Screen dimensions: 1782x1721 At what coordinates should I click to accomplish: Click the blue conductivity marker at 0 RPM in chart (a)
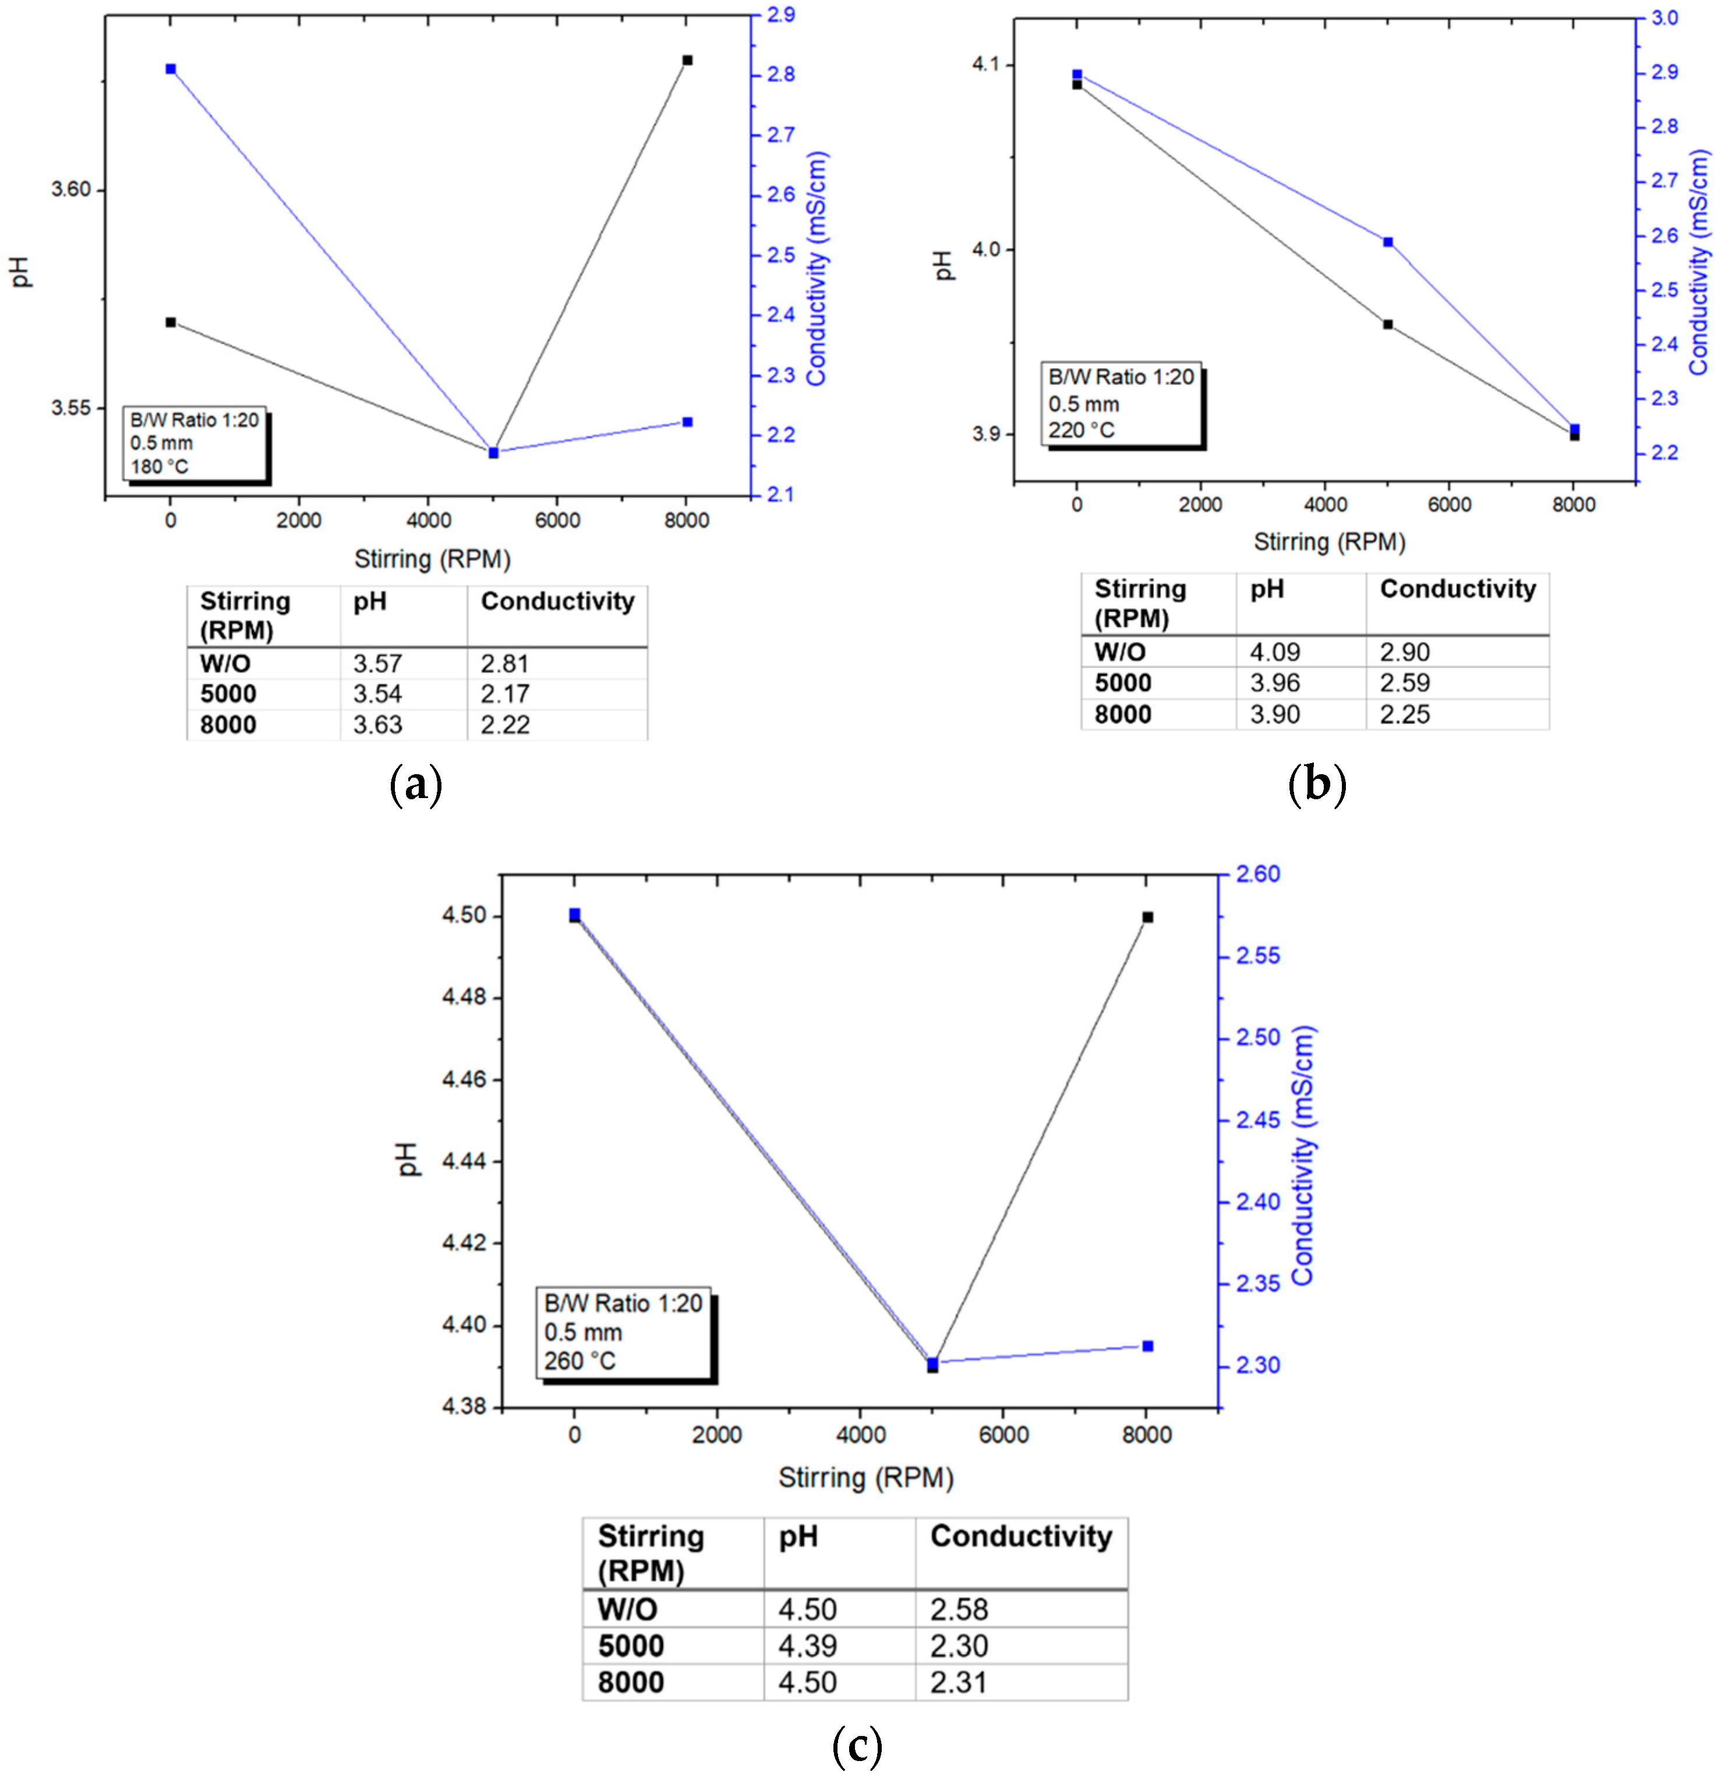click(x=171, y=69)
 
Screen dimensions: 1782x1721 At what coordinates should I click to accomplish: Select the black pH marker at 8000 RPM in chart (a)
click(x=687, y=60)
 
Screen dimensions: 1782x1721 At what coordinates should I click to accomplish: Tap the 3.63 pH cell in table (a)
click(x=377, y=725)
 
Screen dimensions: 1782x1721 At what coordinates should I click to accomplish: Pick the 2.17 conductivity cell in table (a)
click(x=504, y=694)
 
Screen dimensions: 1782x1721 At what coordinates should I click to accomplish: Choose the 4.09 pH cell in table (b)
click(x=1275, y=652)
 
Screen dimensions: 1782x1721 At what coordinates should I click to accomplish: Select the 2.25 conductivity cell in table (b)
click(x=1405, y=715)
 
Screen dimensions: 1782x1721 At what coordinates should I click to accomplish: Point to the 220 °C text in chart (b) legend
click(x=1081, y=430)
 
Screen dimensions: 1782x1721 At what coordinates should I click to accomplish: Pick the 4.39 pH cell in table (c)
click(x=807, y=1646)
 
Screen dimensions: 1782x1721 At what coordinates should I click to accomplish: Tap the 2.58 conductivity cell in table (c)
click(x=959, y=1609)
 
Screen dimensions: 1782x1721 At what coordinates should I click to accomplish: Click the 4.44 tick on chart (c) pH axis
click(x=464, y=1161)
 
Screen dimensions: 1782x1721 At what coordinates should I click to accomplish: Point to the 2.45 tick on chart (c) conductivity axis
click(x=1258, y=1120)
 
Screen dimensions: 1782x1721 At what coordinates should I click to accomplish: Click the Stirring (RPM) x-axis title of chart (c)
click(x=865, y=1477)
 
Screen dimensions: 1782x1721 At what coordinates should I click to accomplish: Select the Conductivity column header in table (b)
click(x=1457, y=589)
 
